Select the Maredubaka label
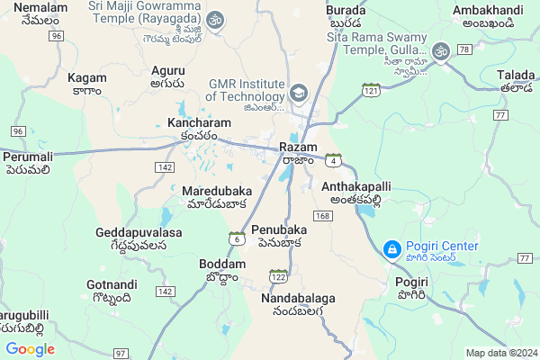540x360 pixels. click(x=216, y=192)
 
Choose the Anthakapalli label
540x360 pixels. click(x=356, y=186)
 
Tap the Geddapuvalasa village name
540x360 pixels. click(x=139, y=232)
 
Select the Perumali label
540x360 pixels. click(x=28, y=157)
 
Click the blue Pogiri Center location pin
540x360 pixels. click(x=392, y=248)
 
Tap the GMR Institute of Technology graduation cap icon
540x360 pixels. click(x=298, y=93)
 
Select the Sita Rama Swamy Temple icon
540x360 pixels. click(x=440, y=51)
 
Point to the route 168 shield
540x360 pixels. click(x=322, y=216)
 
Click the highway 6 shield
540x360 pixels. click(x=236, y=238)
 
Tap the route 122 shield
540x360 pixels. click(x=279, y=276)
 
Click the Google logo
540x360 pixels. click(x=30, y=349)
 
